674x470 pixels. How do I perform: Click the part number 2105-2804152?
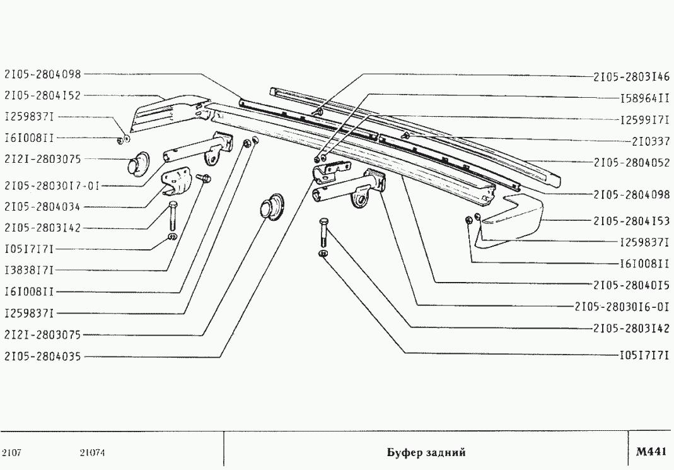coord(42,95)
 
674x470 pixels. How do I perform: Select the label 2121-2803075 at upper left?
coord(42,159)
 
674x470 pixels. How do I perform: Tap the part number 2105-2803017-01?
coord(52,186)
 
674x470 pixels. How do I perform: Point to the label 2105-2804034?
coord(42,207)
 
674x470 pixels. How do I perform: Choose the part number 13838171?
coord(29,271)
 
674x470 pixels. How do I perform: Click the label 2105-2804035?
coord(42,356)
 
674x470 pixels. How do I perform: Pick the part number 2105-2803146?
coord(632,76)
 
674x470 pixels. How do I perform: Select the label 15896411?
coord(645,98)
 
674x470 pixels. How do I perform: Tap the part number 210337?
coord(651,141)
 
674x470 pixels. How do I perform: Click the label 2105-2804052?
coord(632,163)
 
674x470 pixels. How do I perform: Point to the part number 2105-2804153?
coord(632,221)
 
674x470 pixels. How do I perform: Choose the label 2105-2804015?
coord(632,285)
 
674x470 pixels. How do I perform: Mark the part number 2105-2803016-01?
coord(622,307)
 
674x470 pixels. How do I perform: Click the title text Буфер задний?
coord(426,452)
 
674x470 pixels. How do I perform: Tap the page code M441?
coord(651,452)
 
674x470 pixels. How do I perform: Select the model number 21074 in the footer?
coord(92,453)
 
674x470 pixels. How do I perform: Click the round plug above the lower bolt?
coord(272,208)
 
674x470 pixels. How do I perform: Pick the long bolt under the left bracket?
coord(173,217)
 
